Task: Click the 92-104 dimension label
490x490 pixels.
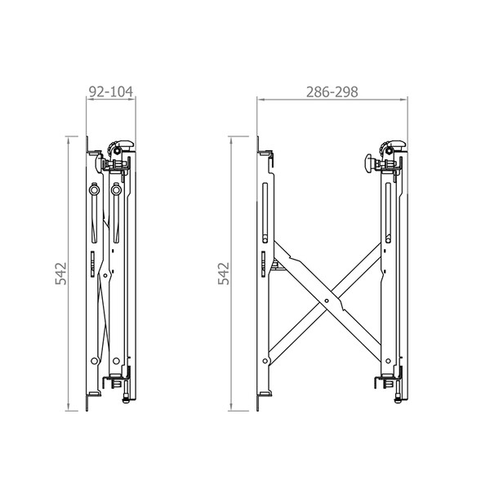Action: [x=111, y=91]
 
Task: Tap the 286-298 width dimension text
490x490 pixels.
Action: [x=332, y=92]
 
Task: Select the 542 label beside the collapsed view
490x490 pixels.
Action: [x=61, y=274]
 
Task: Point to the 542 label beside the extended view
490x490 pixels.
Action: [x=224, y=274]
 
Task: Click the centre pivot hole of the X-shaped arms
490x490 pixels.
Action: [x=327, y=301]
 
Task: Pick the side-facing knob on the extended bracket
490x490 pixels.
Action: [x=369, y=163]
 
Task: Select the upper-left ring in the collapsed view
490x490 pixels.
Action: [x=94, y=189]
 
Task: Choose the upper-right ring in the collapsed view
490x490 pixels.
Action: [x=116, y=189]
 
